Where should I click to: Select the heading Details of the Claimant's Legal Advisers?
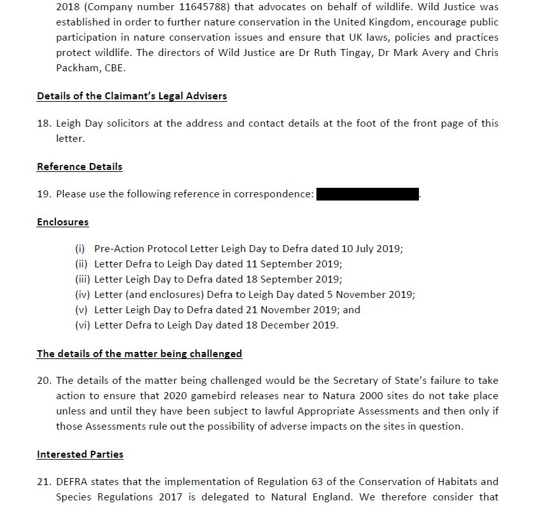(132, 96)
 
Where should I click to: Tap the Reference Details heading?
(80, 167)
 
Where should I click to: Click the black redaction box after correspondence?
(367, 194)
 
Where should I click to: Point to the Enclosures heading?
(63, 222)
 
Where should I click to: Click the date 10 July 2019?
(370, 249)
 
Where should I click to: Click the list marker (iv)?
(83, 295)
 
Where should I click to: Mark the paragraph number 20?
(44, 381)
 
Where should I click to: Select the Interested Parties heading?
(80, 455)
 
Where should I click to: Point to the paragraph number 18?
(44, 123)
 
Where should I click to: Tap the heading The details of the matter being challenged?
(139, 353)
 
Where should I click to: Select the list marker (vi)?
(83, 325)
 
